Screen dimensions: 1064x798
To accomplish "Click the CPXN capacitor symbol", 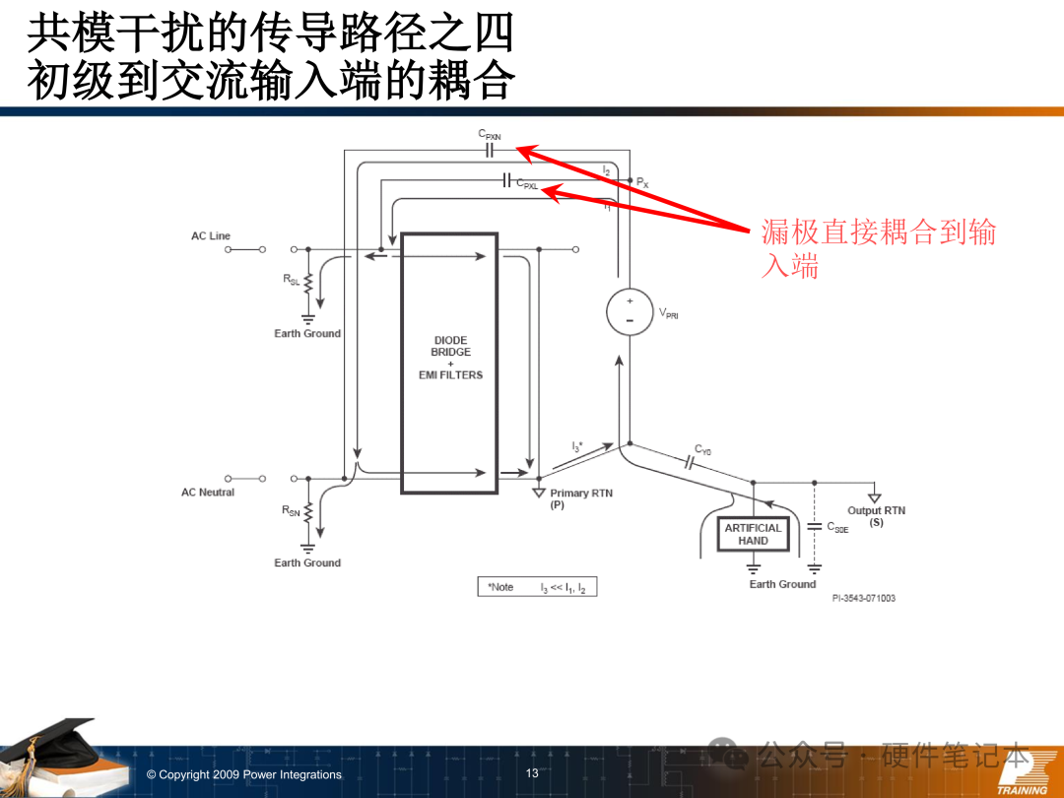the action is pyautogui.click(x=490, y=151).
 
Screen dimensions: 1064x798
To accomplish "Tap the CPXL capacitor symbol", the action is pyautogui.click(x=506, y=180).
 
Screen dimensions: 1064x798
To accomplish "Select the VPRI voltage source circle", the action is pyautogui.click(x=630, y=312).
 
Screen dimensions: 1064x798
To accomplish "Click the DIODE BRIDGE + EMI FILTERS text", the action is pyautogui.click(x=450, y=357).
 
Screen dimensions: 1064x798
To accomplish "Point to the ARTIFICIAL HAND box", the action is pyautogui.click(x=754, y=534).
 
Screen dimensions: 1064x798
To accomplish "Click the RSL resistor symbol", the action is pyautogui.click(x=308, y=283).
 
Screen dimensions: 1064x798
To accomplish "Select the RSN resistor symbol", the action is pyautogui.click(x=308, y=512).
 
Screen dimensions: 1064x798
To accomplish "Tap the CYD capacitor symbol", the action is pyautogui.click(x=690, y=463).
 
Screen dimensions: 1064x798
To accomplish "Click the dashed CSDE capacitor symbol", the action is pyautogui.click(x=815, y=526).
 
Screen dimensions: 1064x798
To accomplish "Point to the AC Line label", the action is pyautogui.click(x=211, y=236).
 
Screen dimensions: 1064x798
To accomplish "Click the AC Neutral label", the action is pyautogui.click(x=208, y=492).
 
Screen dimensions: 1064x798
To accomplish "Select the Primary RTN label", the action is pyautogui.click(x=581, y=499).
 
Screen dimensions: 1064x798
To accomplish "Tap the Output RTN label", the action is pyautogui.click(x=876, y=515).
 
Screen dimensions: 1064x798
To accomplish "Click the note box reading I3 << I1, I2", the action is pyautogui.click(x=538, y=587).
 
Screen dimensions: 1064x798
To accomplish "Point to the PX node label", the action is pyautogui.click(x=642, y=182).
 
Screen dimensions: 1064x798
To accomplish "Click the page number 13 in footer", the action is pyautogui.click(x=532, y=773).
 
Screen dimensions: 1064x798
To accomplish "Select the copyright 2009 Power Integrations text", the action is pyautogui.click(x=244, y=774).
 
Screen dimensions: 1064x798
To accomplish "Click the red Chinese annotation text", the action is pyautogui.click(x=878, y=248).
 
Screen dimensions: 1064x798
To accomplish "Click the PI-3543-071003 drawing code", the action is pyautogui.click(x=864, y=598).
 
